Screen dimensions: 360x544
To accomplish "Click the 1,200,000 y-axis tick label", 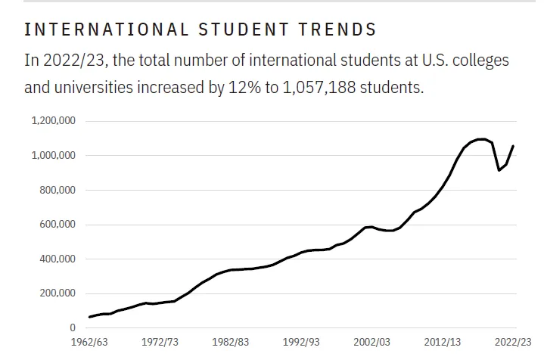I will (x=54, y=121).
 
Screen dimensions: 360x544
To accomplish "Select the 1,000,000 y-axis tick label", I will (x=54, y=156).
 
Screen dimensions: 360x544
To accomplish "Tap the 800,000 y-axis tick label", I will (x=58, y=190).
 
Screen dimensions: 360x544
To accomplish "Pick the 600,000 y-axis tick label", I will (x=58, y=225).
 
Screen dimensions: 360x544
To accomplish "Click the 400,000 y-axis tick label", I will (x=58, y=259).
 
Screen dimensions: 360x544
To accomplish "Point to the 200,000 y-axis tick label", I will (x=58, y=293).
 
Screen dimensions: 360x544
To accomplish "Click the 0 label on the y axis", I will (x=73, y=328).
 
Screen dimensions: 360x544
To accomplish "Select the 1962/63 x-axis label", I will (x=89, y=343).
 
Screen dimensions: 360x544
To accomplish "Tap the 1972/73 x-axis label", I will (x=160, y=343).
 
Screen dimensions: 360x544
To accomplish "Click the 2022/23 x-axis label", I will (x=515, y=343).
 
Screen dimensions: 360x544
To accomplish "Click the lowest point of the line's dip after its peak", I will (x=499, y=170).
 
